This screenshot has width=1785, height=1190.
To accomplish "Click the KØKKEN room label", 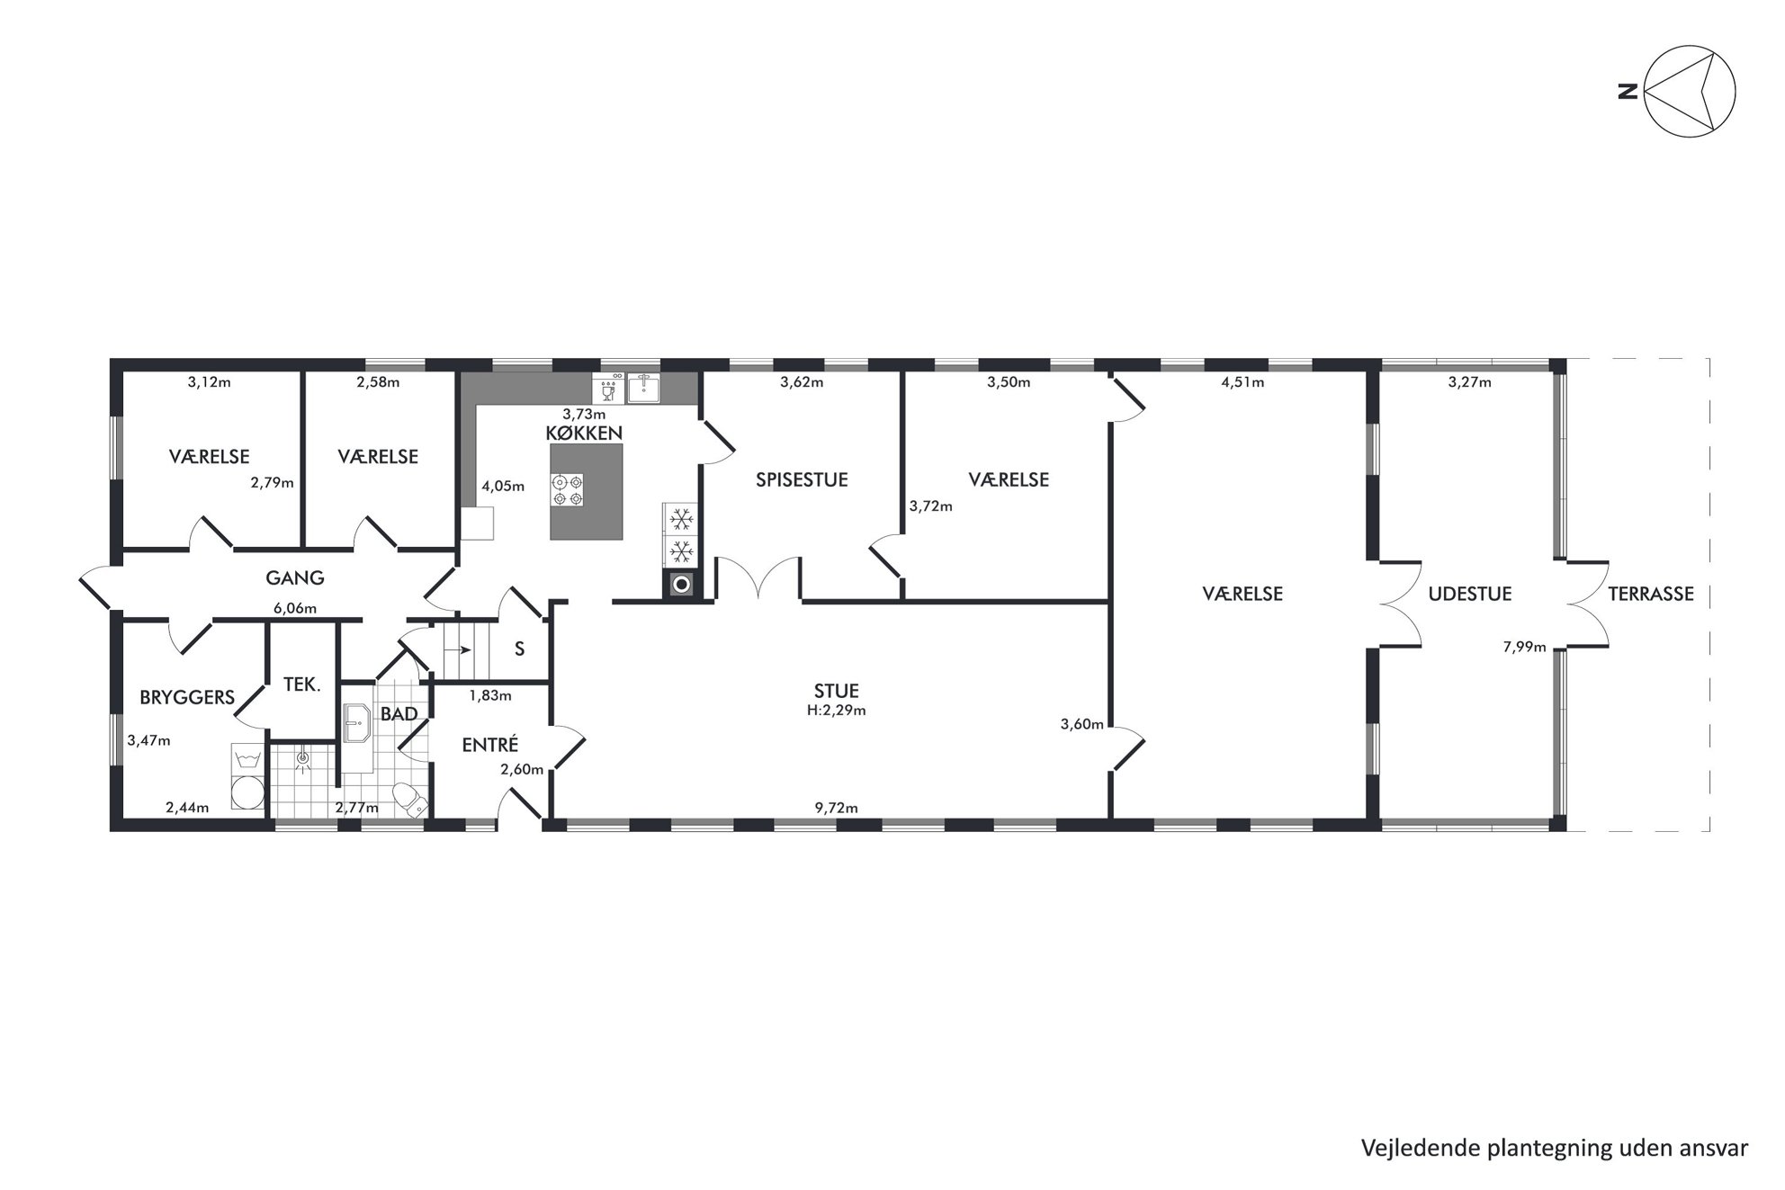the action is pyautogui.click(x=584, y=433).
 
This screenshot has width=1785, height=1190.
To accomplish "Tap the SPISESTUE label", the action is pyautogui.click(x=802, y=479).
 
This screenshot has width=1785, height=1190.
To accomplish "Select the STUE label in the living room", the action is pyautogui.click(x=837, y=691).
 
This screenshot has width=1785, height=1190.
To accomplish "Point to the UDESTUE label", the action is pyautogui.click(x=1470, y=594).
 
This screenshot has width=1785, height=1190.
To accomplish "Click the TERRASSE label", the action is pyautogui.click(x=1651, y=594).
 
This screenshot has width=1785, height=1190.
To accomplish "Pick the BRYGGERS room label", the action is pyautogui.click(x=187, y=697).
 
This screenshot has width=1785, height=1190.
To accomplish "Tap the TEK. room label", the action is pyautogui.click(x=302, y=684).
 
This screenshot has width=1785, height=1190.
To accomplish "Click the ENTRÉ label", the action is pyautogui.click(x=490, y=745).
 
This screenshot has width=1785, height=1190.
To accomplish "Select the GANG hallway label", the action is pyautogui.click(x=295, y=578).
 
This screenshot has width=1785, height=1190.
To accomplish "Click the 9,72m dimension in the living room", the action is pyautogui.click(x=837, y=808).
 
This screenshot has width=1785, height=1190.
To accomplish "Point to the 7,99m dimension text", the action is pyautogui.click(x=1525, y=646).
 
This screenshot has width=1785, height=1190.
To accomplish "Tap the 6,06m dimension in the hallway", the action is pyautogui.click(x=295, y=609).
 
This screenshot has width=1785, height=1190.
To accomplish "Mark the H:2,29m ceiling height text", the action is pyautogui.click(x=837, y=711).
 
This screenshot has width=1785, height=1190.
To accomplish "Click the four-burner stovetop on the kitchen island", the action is pyautogui.click(x=568, y=489).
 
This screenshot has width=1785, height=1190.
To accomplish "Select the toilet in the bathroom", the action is pyautogui.click(x=410, y=800).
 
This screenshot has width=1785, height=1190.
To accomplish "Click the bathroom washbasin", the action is pyautogui.click(x=358, y=722).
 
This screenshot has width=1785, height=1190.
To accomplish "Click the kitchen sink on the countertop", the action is pyautogui.click(x=644, y=388).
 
